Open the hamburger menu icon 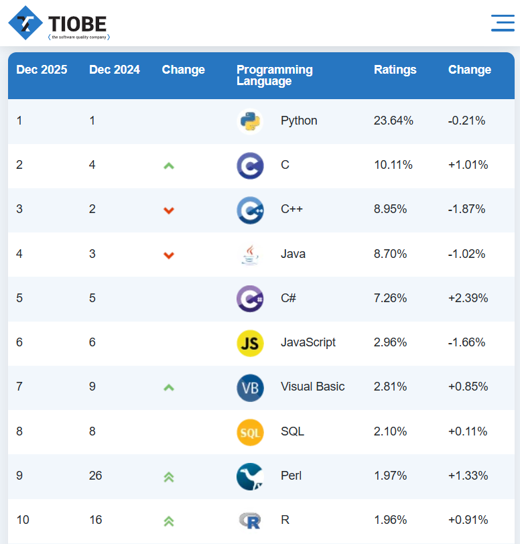coord(503,23)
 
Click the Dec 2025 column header coord(42,70)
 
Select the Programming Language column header coord(275,75)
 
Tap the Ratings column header coord(395,70)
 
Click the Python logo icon coord(250,121)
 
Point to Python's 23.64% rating coord(393,121)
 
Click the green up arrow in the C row coord(169,165)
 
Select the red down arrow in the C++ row coord(169,210)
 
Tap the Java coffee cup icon coord(250,254)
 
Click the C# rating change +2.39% coord(468,297)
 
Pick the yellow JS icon coord(250,343)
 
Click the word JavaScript coord(308,342)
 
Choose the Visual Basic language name coord(313,387)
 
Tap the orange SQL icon coord(250,432)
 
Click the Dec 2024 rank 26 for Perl coord(96,476)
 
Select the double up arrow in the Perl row coord(169,476)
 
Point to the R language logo coord(250,520)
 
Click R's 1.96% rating coord(393,519)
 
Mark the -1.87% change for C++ coord(466,209)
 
